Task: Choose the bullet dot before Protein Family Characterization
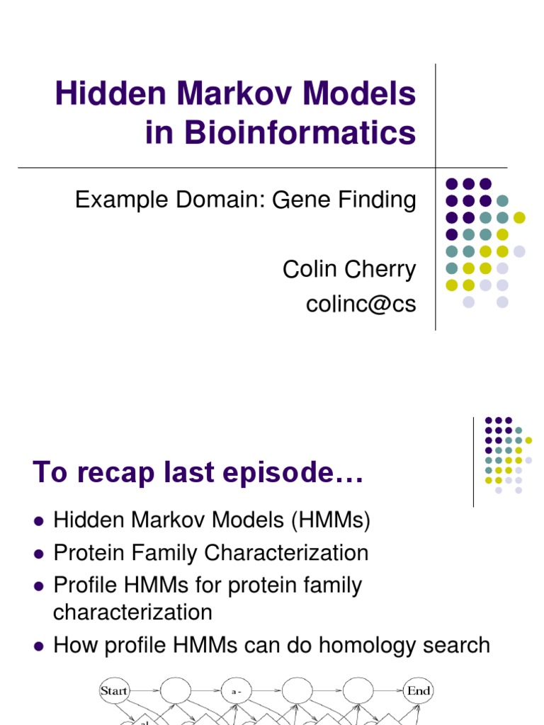pyautogui.click(x=39, y=554)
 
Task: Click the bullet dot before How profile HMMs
pyautogui.click(x=39, y=646)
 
